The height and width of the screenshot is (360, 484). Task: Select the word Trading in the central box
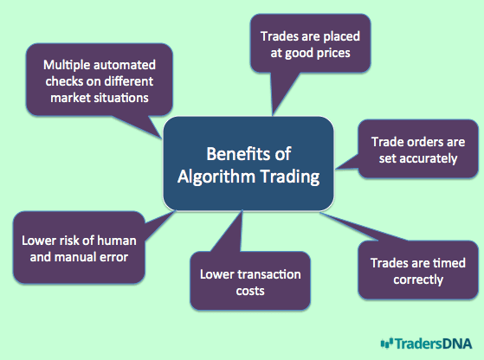[290, 177]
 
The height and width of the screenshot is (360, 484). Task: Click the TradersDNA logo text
[434, 344]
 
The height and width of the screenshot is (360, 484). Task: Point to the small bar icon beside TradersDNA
[387, 343]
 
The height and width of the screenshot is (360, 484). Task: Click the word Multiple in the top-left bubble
[67, 66]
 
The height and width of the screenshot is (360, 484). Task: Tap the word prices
[333, 54]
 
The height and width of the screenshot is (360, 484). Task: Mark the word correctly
[418, 280]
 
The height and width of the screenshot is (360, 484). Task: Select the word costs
[250, 292]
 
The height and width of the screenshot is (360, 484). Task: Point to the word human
[119, 241]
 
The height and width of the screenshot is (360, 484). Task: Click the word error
[116, 258]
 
